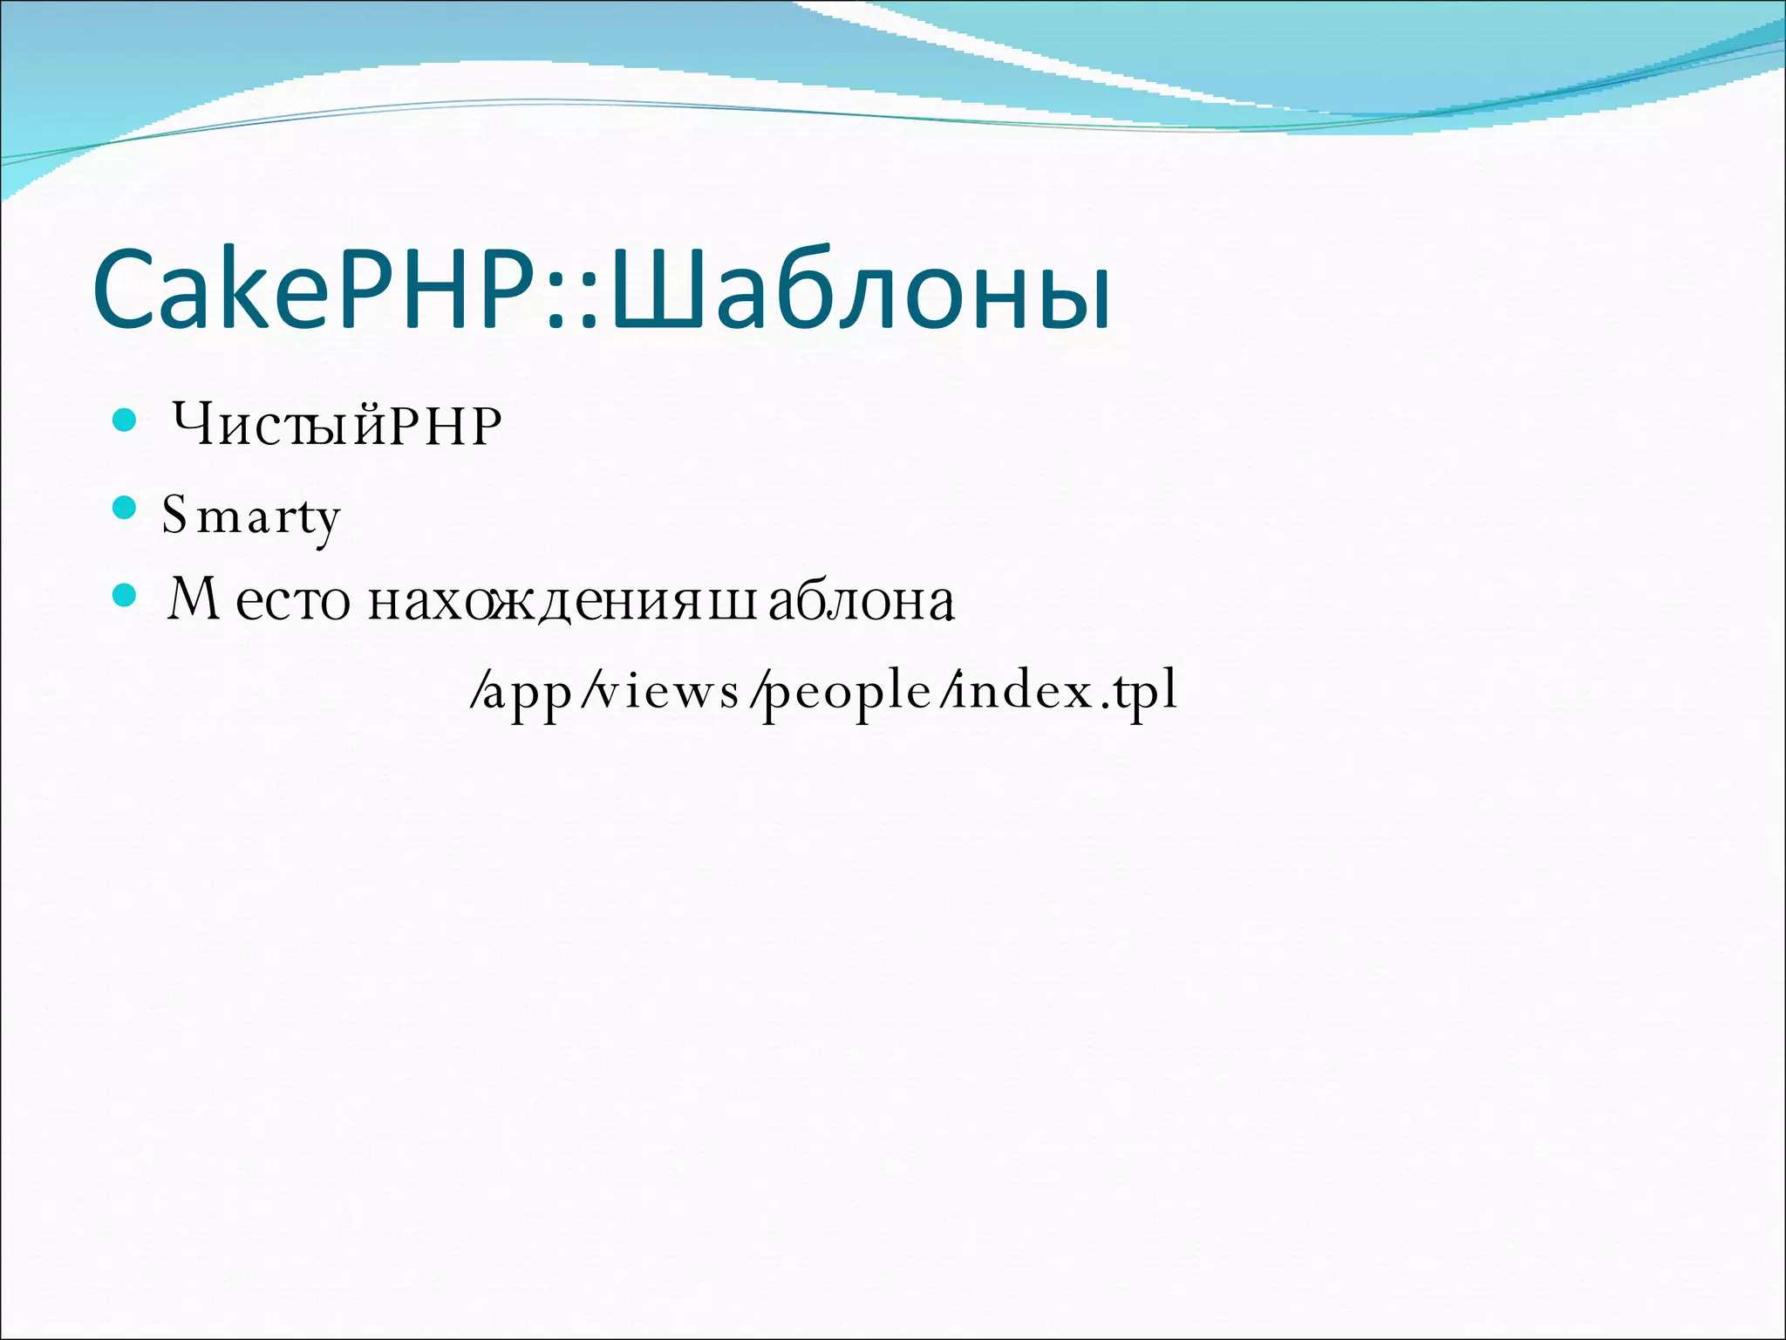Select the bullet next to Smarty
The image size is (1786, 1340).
pos(126,507)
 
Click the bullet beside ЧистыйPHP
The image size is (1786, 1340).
pos(126,421)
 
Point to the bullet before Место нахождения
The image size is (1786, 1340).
pos(126,596)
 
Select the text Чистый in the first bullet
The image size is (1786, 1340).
pos(279,427)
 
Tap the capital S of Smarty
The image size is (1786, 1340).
pos(174,514)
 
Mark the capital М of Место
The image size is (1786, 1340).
pos(194,599)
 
